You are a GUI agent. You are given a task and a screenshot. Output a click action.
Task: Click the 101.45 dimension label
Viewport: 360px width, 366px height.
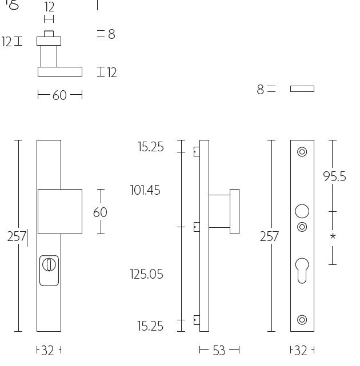tap(145, 190)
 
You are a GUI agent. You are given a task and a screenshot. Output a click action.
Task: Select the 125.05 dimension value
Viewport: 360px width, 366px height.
tap(146, 274)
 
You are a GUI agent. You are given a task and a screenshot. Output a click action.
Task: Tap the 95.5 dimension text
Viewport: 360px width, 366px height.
tap(334, 176)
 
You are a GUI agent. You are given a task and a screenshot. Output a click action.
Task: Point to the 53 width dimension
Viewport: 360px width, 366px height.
tap(219, 350)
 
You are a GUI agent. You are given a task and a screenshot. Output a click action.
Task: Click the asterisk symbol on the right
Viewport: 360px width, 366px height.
tap(333, 236)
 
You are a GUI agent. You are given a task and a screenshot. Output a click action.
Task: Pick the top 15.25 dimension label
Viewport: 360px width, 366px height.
tap(151, 147)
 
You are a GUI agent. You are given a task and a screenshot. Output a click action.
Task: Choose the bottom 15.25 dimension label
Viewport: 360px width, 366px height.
tap(150, 326)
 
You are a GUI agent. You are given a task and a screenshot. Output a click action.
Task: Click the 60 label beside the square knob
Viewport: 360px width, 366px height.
tap(100, 212)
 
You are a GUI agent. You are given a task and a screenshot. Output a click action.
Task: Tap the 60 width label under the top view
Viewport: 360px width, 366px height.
tap(59, 95)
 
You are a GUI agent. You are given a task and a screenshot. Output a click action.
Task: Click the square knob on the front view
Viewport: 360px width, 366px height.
tap(60, 211)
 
